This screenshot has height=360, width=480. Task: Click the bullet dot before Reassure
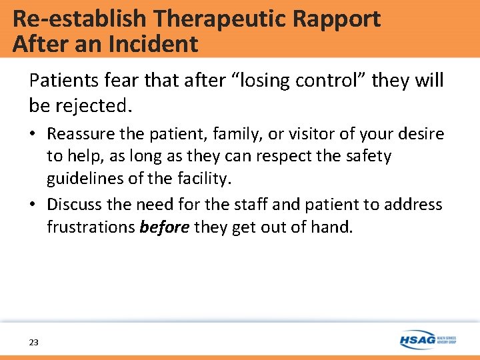click(x=33, y=134)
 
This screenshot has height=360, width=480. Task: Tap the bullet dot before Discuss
click(x=33, y=204)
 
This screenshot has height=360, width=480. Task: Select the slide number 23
click(x=34, y=342)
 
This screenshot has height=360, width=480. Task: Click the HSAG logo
click(x=427, y=339)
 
